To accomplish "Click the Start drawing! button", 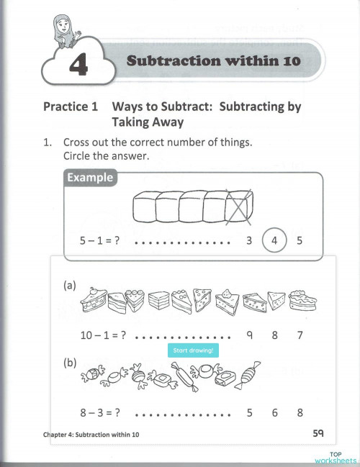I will click(194, 350).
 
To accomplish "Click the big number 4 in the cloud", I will click(78, 66).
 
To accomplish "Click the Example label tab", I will click(90, 178).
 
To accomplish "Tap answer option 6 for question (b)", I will click(274, 413).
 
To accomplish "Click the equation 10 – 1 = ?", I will click(103, 335).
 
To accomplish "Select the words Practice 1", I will click(70, 106).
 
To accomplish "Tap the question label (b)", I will click(71, 364).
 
